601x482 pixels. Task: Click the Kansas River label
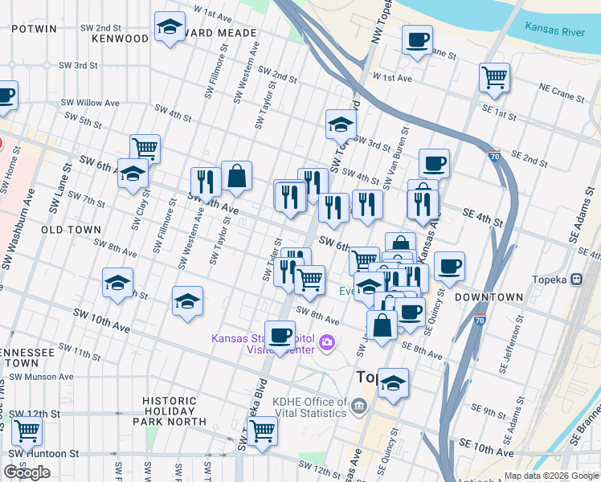(x=554, y=29)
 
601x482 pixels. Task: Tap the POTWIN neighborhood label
(x=34, y=28)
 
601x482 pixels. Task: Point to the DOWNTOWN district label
(x=489, y=297)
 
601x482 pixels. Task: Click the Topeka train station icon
(x=576, y=280)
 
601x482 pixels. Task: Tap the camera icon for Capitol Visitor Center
(x=326, y=343)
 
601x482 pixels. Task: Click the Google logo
(x=27, y=472)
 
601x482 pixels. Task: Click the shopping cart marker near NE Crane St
(x=494, y=78)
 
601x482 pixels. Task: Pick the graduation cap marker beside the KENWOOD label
(x=169, y=28)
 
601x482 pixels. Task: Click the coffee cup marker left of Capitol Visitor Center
(x=280, y=334)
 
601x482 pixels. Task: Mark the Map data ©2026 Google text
(x=551, y=475)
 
